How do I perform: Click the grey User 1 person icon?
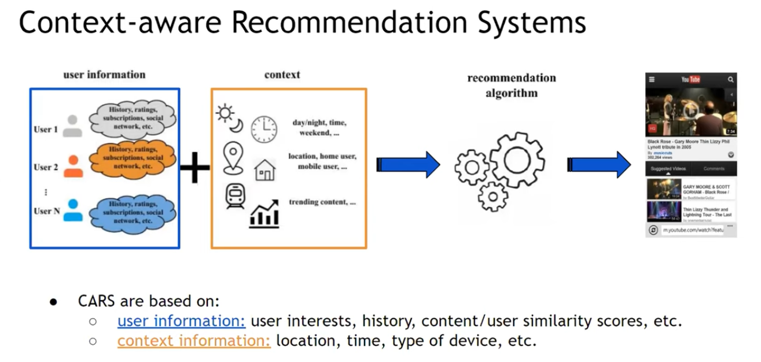72,126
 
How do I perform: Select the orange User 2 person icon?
72,166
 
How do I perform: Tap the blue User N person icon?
73,210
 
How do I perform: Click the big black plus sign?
195,167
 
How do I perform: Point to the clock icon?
264,129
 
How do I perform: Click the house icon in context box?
265,170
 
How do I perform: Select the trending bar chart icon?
264,213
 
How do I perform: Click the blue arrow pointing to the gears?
408,165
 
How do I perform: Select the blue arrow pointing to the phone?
599,165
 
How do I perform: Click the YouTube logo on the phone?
690,79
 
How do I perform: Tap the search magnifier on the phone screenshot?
731,79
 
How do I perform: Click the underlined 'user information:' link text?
181,321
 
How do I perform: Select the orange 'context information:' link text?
194,341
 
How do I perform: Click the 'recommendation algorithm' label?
512,85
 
